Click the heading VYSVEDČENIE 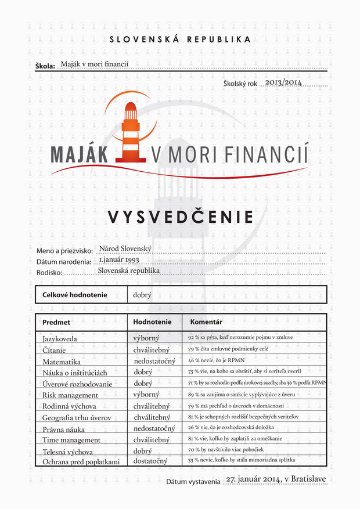[180, 217]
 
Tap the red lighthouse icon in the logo [131, 132]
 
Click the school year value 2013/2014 [283, 83]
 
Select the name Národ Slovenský [125, 248]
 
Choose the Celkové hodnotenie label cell [74, 295]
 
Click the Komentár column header [203, 322]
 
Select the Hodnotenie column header [152, 322]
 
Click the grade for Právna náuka [154, 428]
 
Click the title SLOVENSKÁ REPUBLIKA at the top [180, 39]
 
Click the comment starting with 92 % [240, 338]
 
